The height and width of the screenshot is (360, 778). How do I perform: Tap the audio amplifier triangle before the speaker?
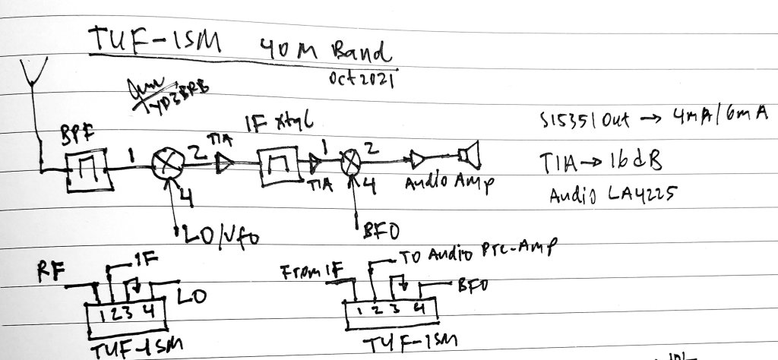(x=417, y=159)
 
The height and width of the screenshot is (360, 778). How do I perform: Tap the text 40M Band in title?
(x=319, y=51)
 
